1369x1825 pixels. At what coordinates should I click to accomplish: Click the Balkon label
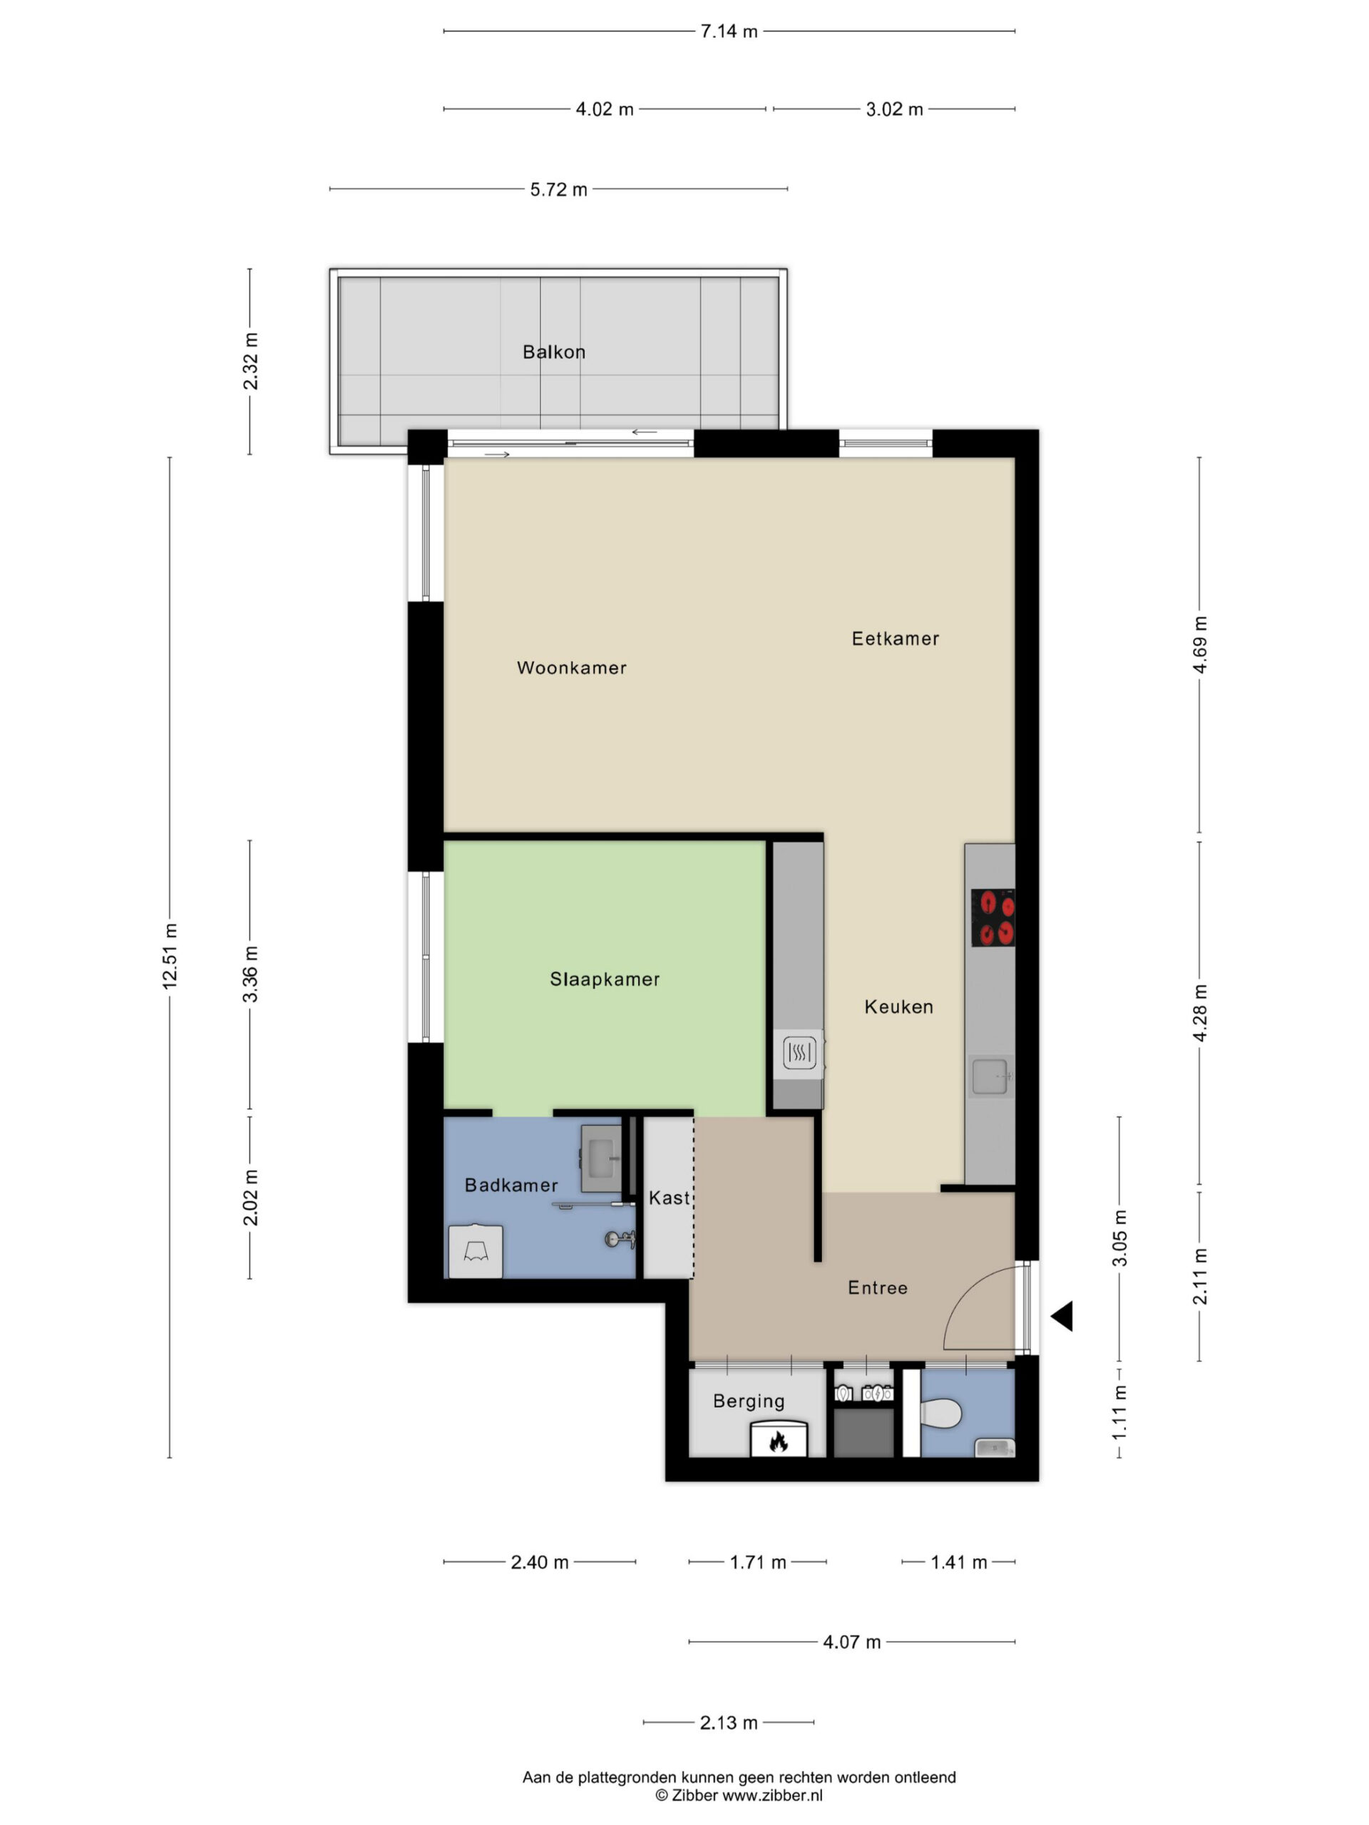tap(554, 352)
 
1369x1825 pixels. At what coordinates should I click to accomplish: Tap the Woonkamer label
tap(571, 667)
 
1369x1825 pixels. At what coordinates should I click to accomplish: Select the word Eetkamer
tap(896, 639)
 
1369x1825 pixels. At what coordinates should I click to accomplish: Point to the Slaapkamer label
tap(605, 980)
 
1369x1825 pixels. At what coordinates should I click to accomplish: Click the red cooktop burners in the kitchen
tap(993, 918)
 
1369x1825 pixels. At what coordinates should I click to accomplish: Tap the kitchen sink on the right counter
tap(990, 1076)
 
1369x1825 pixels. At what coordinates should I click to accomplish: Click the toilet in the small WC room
tap(940, 1413)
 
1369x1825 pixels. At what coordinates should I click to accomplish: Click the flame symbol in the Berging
tap(777, 1441)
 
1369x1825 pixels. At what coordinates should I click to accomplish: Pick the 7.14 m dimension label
tap(729, 31)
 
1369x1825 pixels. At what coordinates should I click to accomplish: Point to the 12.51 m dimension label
tap(170, 956)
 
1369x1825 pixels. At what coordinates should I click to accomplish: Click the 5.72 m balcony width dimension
tap(559, 189)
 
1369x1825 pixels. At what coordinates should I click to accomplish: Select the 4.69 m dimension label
tap(1200, 644)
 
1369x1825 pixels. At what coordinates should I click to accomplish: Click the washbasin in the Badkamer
tap(601, 1158)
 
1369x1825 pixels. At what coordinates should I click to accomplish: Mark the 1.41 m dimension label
tap(959, 1562)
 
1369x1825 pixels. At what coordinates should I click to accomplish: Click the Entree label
tap(878, 1288)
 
